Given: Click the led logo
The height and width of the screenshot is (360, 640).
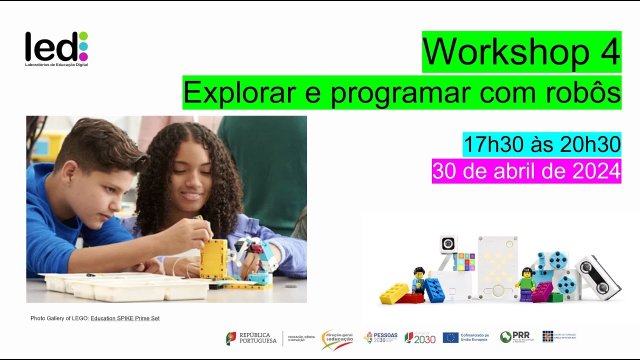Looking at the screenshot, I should (x=56, y=48).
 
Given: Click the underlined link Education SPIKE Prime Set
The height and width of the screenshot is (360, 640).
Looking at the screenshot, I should (x=125, y=318).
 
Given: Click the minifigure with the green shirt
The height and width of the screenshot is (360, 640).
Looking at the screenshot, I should (x=525, y=283).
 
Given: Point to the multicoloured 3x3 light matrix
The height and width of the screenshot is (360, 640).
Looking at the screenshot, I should (x=464, y=261).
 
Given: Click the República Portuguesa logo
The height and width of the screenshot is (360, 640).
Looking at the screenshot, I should (x=251, y=338).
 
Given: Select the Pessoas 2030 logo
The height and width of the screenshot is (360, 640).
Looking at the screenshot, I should (x=381, y=338).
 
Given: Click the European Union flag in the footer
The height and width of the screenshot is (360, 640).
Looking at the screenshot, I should (x=450, y=338).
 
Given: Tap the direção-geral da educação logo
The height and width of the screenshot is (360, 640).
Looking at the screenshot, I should (x=337, y=338).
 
